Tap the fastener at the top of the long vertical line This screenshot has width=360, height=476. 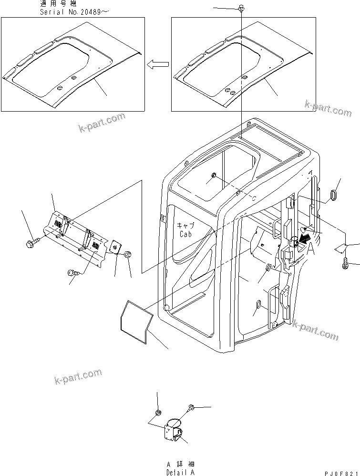pyautogui.click(x=242, y=9)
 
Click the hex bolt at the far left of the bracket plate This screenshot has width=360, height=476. pyautogui.click(x=31, y=244)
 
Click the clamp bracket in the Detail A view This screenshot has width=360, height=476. pyautogui.click(x=174, y=431)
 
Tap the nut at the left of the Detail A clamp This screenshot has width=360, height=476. pyautogui.click(x=157, y=412)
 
